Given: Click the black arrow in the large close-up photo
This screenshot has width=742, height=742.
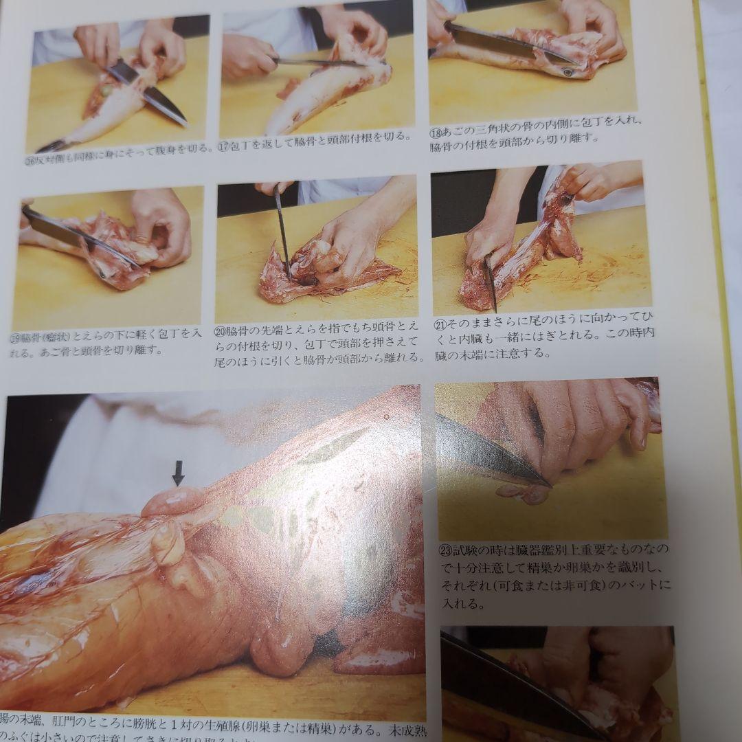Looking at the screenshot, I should pos(178,473).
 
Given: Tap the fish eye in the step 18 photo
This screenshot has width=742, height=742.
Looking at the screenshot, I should pos(567,71).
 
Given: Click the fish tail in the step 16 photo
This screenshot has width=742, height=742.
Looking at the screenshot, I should pos(52,145).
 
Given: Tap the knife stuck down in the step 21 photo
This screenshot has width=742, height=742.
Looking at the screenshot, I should pos(491,282).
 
